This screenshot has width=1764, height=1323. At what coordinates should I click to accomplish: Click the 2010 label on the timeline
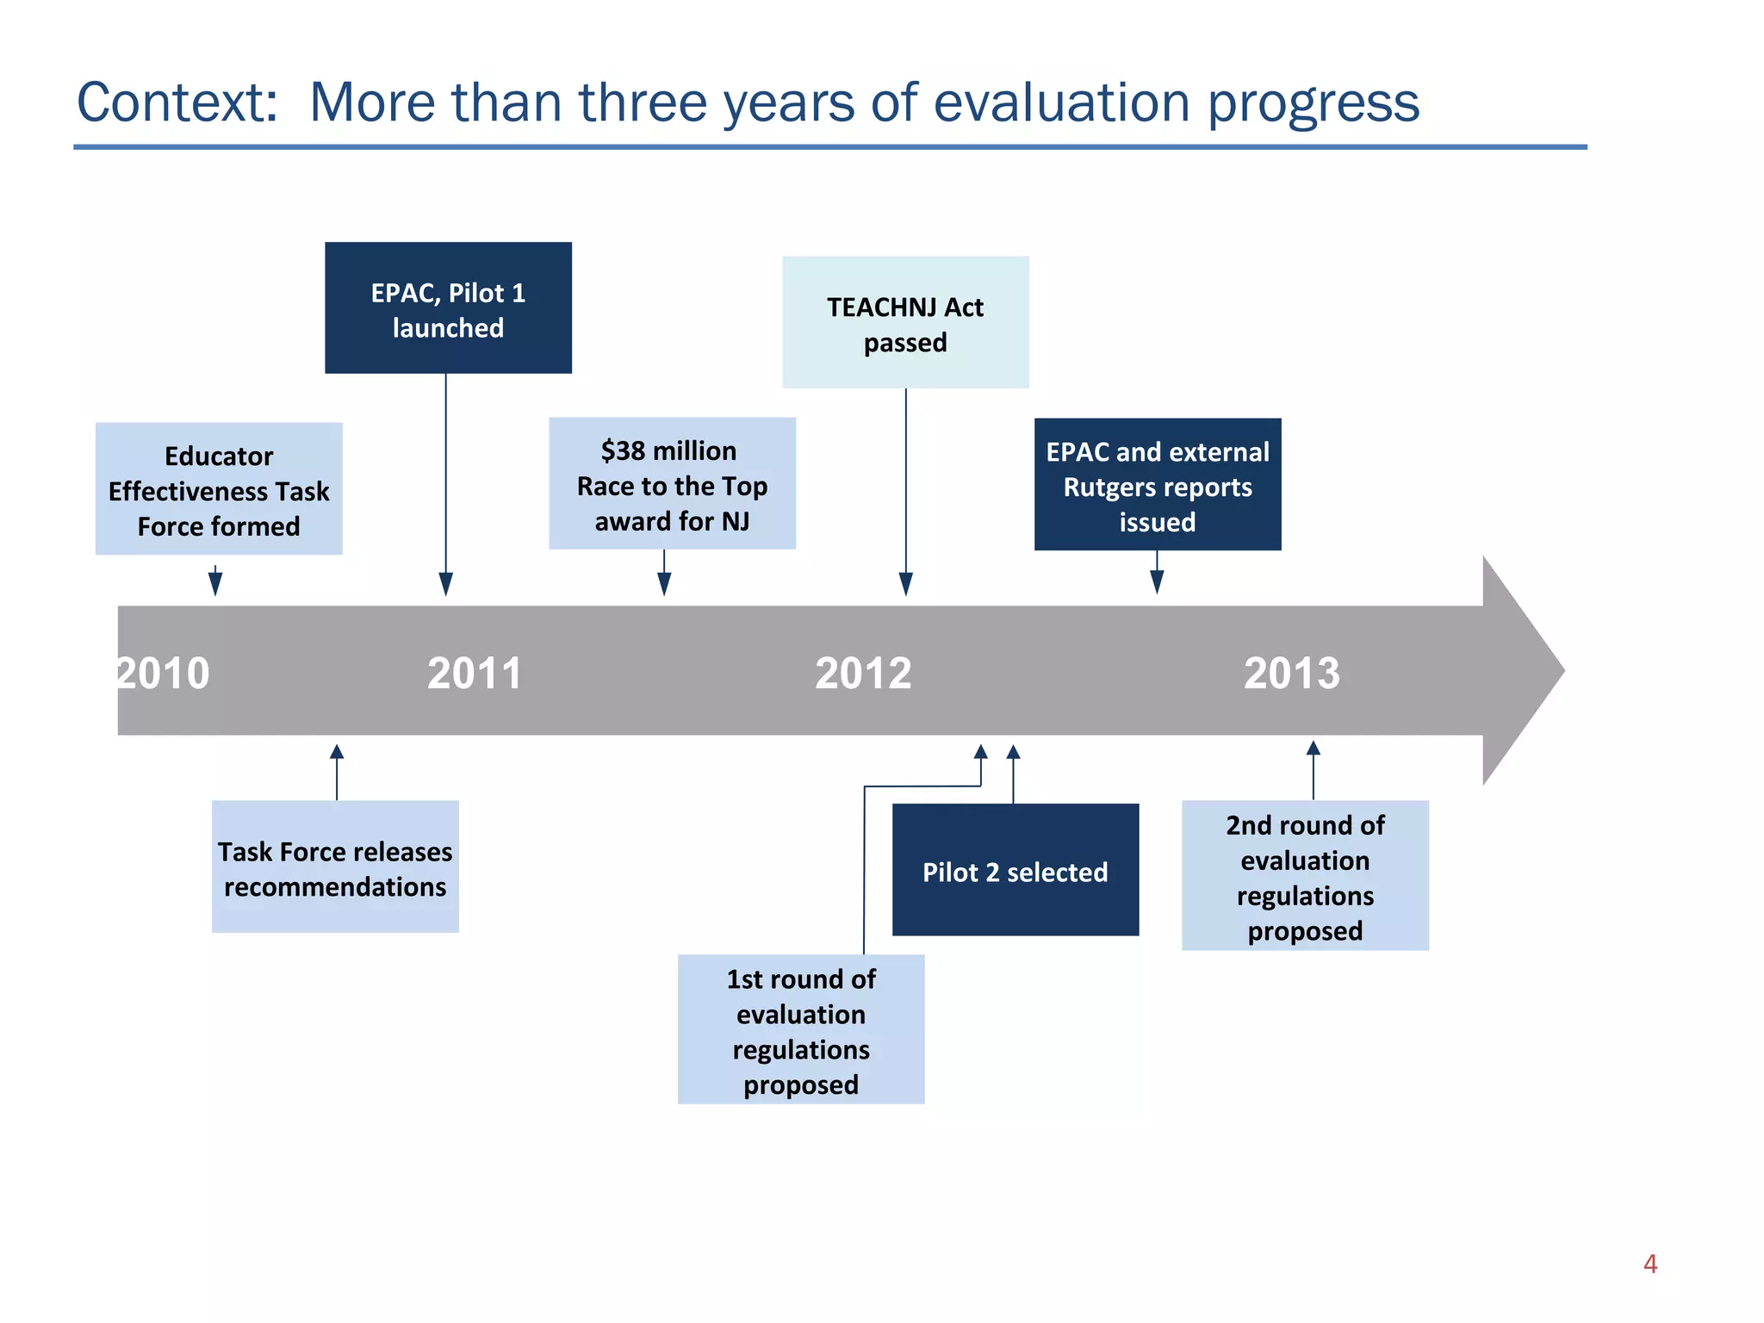pos(163,673)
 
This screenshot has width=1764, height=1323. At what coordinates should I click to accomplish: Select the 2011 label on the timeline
pos(475,673)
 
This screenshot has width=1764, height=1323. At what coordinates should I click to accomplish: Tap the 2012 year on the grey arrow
pos(863,673)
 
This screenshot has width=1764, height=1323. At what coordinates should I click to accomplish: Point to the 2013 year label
pos(1291,673)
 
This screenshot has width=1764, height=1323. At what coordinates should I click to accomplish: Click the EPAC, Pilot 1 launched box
pos(448,308)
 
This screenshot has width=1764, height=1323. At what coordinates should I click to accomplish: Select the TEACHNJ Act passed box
pos(905,323)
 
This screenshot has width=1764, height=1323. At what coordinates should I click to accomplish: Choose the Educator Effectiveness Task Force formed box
pos(219,489)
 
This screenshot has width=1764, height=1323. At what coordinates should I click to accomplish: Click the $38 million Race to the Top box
pos(672,484)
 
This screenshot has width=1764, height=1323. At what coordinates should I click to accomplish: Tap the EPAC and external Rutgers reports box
pos(1157,485)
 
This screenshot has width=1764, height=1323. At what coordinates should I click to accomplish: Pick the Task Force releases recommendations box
pos(335,867)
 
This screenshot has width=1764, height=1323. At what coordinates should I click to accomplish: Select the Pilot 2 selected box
pos(1015,871)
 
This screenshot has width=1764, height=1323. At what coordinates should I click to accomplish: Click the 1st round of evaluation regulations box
pos(801,1030)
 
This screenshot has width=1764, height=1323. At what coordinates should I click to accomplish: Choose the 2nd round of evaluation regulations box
pos(1305,876)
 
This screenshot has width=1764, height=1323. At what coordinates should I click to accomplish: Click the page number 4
pos(1649,1264)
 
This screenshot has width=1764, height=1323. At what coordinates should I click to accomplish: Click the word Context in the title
pos(177,102)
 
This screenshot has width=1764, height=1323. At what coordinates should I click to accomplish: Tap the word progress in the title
pos(1313,102)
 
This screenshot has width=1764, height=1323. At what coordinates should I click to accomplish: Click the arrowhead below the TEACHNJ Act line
pos(905,585)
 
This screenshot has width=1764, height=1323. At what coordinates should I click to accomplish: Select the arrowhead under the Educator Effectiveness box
pos(215,585)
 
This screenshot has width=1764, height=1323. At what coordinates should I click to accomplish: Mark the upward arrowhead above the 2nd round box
pos(1313,748)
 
